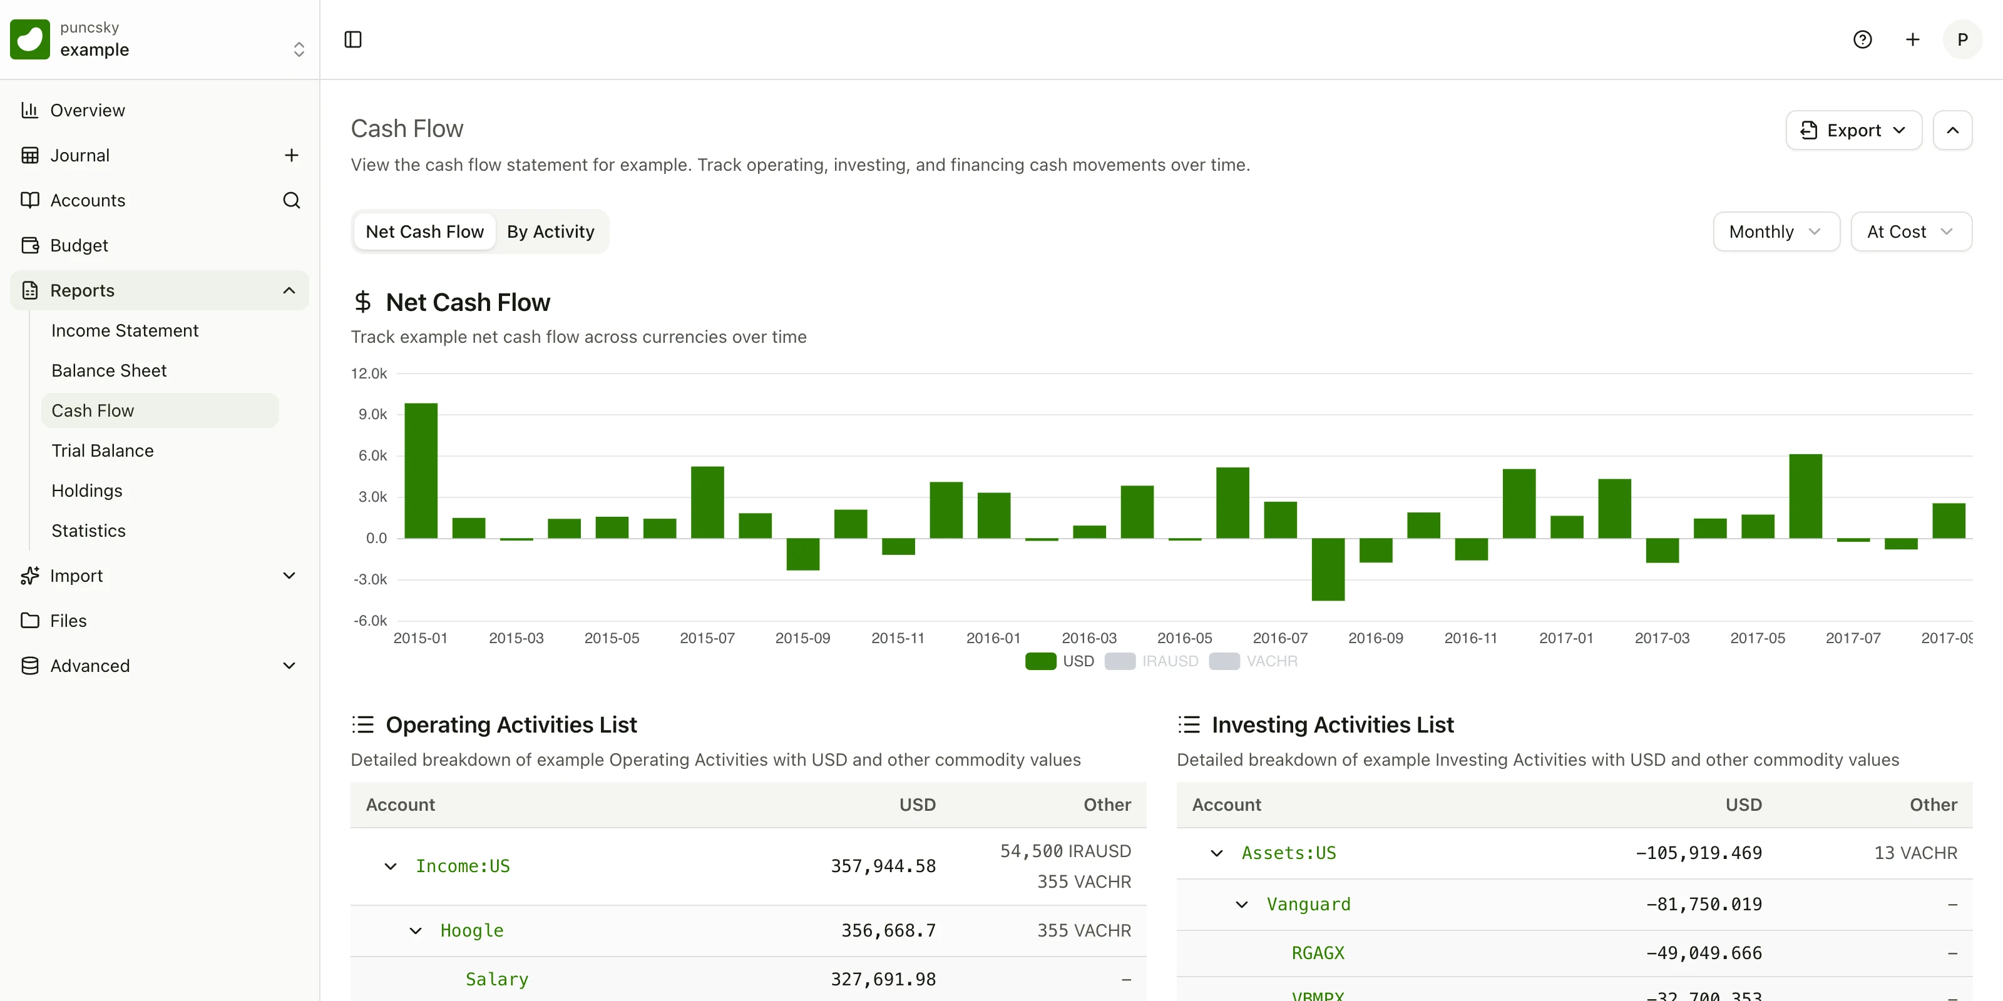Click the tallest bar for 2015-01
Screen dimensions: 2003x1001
(421, 470)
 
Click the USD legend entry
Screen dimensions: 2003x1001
(1060, 661)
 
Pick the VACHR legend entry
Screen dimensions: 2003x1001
(1253, 661)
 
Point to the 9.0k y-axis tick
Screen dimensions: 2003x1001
(372, 414)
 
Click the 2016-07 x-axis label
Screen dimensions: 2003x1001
(1280, 638)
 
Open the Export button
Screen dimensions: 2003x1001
(1853, 130)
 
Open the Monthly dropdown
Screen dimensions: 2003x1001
(1776, 231)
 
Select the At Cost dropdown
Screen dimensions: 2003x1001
(1910, 231)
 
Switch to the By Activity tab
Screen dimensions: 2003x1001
(551, 231)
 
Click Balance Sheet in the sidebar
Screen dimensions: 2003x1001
(109, 371)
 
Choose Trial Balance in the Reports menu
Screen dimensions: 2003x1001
(103, 450)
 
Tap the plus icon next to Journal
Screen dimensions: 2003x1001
(292, 155)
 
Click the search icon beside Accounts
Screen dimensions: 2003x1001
(292, 200)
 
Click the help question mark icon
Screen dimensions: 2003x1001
(1862, 39)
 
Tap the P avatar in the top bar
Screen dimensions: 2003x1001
(1962, 39)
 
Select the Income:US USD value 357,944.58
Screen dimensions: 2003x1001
(883, 866)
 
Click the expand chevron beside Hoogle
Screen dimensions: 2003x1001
(416, 930)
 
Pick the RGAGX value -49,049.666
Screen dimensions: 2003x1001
(1704, 953)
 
